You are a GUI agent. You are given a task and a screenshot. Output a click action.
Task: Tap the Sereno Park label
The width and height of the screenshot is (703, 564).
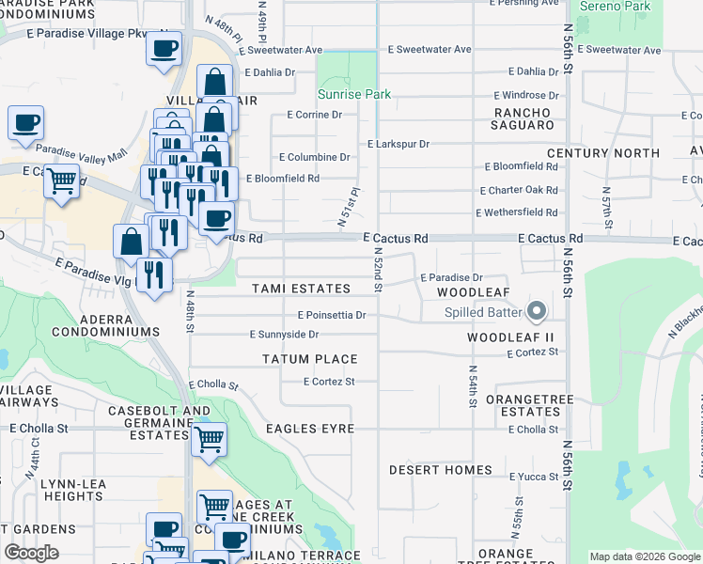tap(615, 6)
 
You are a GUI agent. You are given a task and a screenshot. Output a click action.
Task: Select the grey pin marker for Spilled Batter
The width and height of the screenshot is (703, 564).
tap(537, 310)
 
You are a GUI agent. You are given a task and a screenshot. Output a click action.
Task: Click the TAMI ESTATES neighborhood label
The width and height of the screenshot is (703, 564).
tap(301, 289)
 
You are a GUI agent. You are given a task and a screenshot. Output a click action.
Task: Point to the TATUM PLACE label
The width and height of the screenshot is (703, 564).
tap(309, 359)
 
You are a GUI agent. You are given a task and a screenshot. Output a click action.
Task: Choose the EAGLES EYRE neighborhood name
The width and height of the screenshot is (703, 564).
tap(309, 429)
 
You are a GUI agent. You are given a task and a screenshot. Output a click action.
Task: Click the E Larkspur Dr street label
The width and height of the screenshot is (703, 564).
tap(398, 144)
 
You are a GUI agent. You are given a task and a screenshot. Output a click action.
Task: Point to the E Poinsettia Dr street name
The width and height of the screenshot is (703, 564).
tap(331, 315)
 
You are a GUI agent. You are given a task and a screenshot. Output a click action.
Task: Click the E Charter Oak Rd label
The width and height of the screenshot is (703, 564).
tap(521, 189)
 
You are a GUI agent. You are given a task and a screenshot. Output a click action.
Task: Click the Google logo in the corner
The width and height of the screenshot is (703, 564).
tap(30, 553)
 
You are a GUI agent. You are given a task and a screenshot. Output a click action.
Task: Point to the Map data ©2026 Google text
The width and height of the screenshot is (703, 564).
tap(644, 556)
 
